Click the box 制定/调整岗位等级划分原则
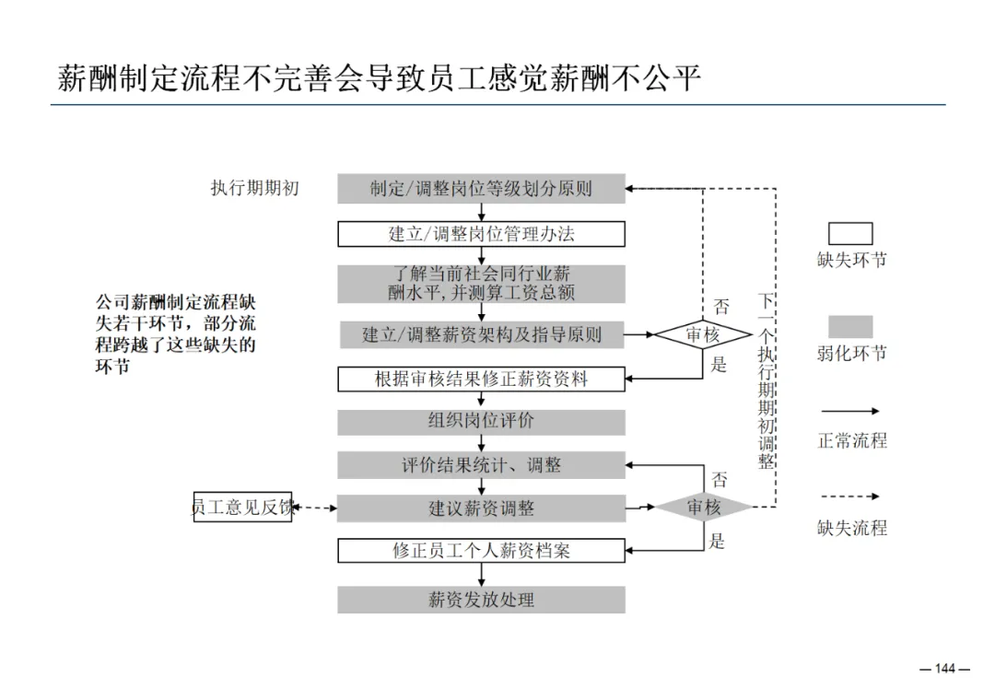[x=481, y=189]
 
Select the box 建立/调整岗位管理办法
[x=481, y=234]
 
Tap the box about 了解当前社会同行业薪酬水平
[x=481, y=284]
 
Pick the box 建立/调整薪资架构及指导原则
[x=481, y=334]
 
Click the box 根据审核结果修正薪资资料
[x=481, y=379]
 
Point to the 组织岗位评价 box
[x=481, y=422]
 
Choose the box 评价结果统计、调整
[x=481, y=465]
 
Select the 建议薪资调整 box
[x=481, y=508]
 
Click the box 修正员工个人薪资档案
[x=481, y=551]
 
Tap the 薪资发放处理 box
[x=481, y=600]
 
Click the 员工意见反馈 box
[x=242, y=508]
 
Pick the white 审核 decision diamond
[x=702, y=335]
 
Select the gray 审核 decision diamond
[x=703, y=507]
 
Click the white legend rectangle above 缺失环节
[x=849, y=233]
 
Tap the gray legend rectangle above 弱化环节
[x=849, y=327]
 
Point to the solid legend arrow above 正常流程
[x=849, y=411]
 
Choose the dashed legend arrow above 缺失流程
[x=849, y=496]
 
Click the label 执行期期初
[x=255, y=189]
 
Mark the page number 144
[x=945, y=669]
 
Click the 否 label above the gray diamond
[x=720, y=479]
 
